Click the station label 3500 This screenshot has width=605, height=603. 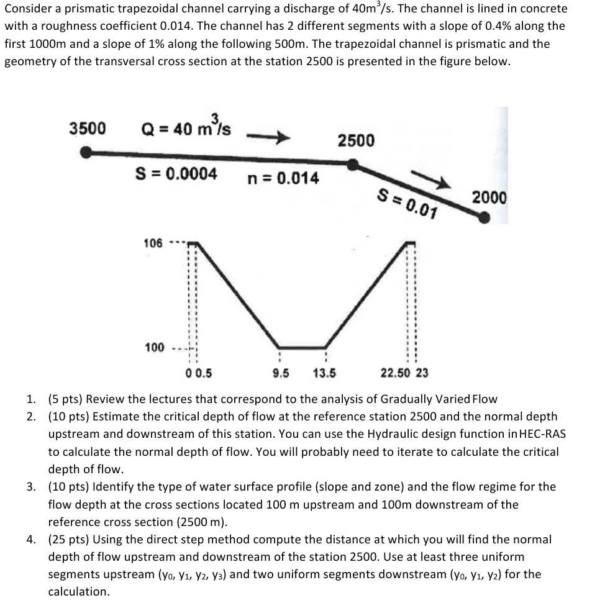[x=87, y=129]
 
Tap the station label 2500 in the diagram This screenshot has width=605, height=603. [x=356, y=140]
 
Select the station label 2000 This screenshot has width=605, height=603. [x=489, y=197]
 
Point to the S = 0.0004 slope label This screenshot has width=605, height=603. [x=176, y=173]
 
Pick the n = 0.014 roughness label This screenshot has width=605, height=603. [x=283, y=178]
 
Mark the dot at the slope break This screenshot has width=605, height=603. [x=353, y=164]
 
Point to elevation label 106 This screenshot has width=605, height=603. [x=154, y=243]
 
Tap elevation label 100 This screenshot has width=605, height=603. [x=154, y=347]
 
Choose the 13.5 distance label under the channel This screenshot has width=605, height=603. [x=324, y=373]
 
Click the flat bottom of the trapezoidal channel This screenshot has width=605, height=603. [x=302, y=347]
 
